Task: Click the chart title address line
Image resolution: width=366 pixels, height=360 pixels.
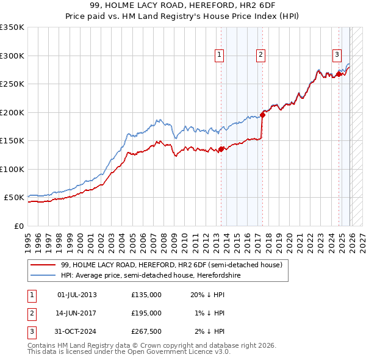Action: (183, 6)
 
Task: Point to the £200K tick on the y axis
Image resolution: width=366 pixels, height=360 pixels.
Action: (12, 112)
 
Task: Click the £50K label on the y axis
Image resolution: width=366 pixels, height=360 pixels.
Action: (14, 198)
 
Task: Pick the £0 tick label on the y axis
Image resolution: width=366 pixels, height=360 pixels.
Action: (18, 226)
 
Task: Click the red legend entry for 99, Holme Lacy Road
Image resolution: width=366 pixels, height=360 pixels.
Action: (171, 265)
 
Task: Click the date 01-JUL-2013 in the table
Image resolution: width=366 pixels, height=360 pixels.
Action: (77, 295)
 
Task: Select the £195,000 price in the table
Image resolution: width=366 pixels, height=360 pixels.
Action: (146, 313)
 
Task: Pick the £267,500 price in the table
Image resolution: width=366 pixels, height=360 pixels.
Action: (146, 331)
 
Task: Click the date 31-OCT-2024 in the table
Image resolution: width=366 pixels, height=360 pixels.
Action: (77, 331)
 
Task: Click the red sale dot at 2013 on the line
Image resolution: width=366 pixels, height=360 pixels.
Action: (221, 149)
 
